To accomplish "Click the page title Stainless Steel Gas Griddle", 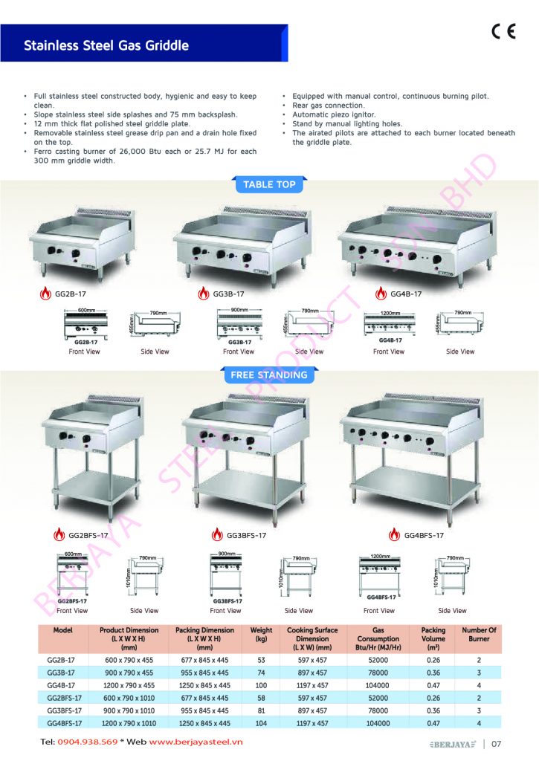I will pyautogui.click(x=106, y=45).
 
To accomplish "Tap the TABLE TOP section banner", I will pyautogui.click(x=269, y=184).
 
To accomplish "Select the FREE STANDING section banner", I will pyautogui.click(x=269, y=375).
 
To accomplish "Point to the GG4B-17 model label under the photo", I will pyautogui.click(x=406, y=294).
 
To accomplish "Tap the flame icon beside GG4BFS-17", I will pyautogui.click(x=391, y=535).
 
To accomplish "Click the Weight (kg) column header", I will pyautogui.click(x=261, y=635).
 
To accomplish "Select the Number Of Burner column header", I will pyautogui.click(x=479, y=635).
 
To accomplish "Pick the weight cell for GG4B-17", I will pyautogui.click(x=261, y=685).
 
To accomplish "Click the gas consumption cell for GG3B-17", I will pyautogui.click(x=378, y=672).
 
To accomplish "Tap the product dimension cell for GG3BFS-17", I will pyautogui.click(x=128, y=710).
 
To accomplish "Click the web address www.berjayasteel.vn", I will pyautogui.click(x=188, y=742).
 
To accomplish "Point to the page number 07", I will pyautogui.click(x=497, y=742).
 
